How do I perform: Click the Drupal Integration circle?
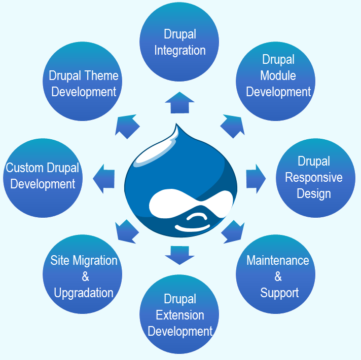point(179,42)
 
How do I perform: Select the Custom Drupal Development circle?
point(43,177)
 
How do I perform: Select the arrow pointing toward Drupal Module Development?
point(232,126)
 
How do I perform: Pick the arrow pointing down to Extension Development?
point(179,254)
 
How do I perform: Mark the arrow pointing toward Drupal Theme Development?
point(127,126)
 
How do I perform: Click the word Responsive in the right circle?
point(313,178)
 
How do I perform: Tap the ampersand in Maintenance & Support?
point(278,276)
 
